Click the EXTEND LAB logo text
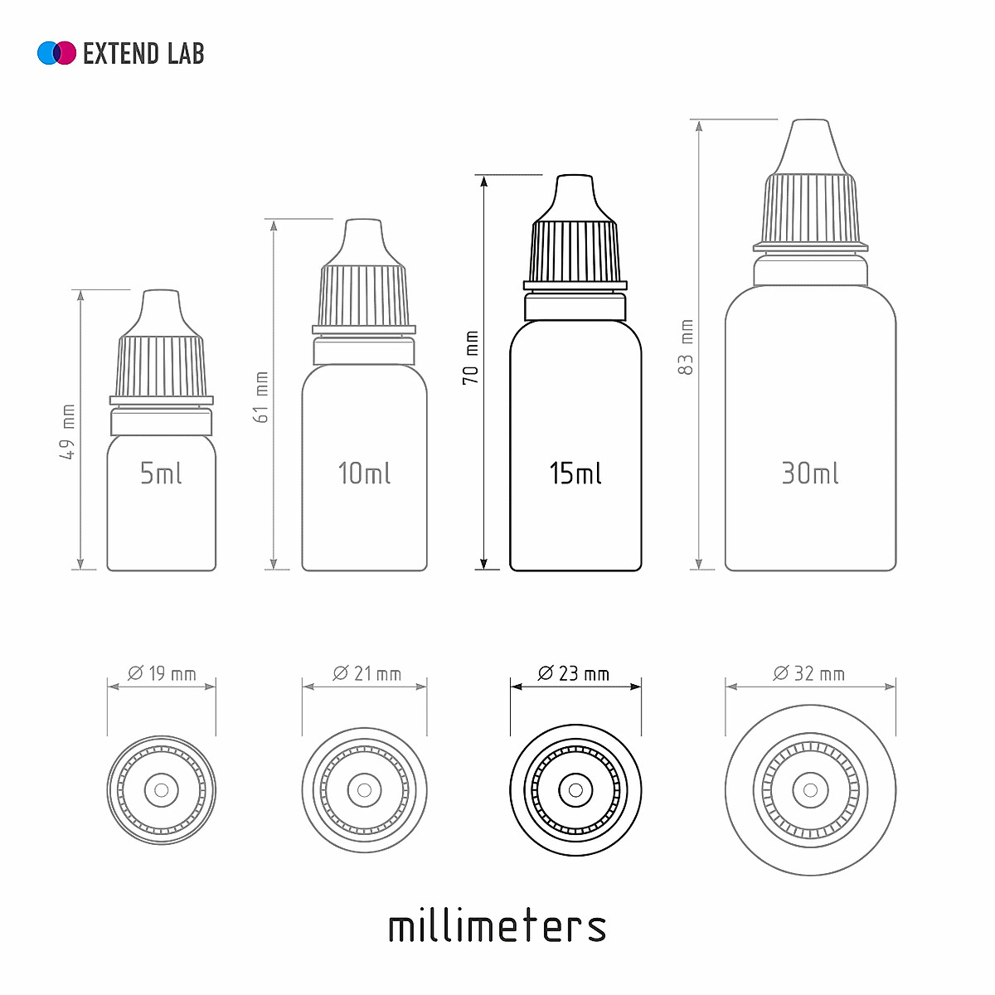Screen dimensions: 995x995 143,53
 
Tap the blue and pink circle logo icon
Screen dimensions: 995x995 57,53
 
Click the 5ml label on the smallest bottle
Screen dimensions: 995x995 161,473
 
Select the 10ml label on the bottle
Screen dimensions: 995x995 364,473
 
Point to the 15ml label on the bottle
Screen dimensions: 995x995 575,473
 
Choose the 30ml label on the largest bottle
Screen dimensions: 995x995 809,473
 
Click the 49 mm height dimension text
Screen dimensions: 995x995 67,432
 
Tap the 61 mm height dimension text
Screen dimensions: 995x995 261,397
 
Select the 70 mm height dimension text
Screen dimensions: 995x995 470,357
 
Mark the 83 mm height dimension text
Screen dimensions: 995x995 687,347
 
